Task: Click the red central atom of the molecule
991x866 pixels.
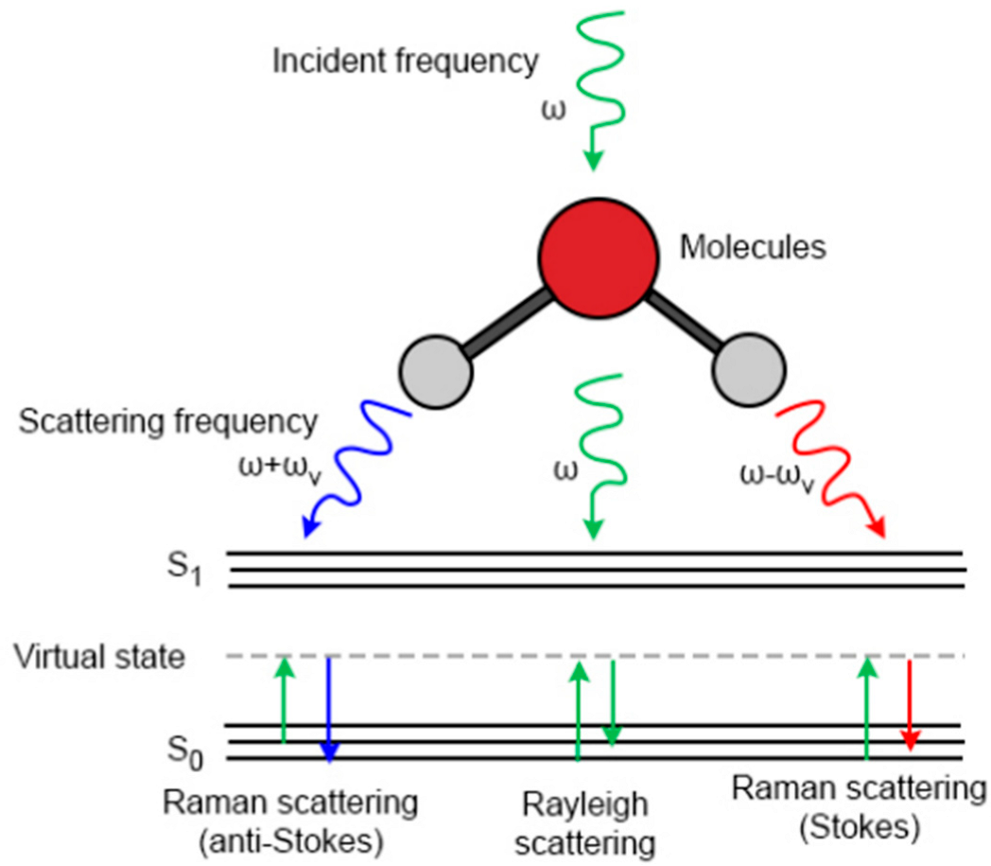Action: tap(597, 256)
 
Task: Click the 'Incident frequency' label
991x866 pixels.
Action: tap(405, 62)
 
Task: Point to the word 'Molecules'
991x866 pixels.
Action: tap(753, 249)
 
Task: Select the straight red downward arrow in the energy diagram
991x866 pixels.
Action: tap(910, 705)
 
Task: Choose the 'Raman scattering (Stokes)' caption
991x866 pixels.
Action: tap(859, 806)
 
